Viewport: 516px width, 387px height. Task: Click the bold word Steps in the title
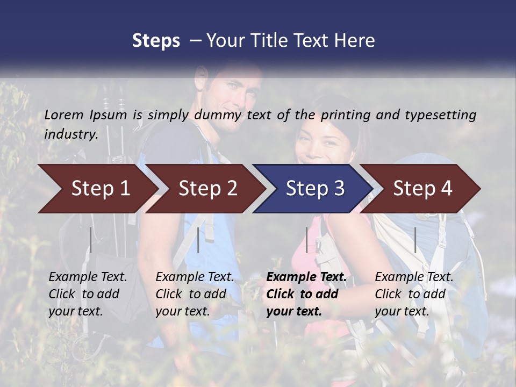tap(156, 41)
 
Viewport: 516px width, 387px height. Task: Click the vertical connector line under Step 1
tap(91, 240)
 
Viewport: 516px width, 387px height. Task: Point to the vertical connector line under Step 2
tap(198, 240)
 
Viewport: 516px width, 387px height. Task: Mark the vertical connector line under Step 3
tap(307, 240)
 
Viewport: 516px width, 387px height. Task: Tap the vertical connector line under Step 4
tap(415, 240)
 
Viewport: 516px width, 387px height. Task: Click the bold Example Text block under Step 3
tap(306, 294)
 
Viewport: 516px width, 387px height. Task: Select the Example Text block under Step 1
tap(88, 294)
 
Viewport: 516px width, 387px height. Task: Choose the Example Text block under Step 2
tap(195, 294)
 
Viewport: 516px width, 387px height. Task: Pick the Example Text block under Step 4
tap(414, 294)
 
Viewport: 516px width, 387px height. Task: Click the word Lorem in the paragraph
tap(63, 114)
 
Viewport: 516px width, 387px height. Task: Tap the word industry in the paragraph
tap(71, 134)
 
